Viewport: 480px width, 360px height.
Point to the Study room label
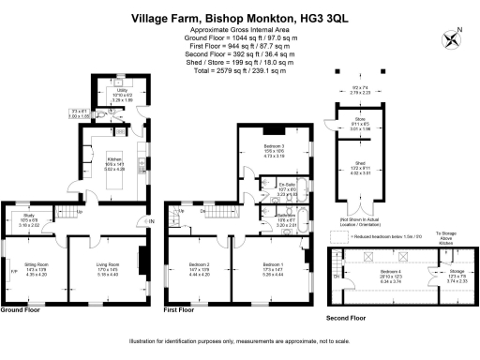30,219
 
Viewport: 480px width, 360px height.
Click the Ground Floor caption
25,308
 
